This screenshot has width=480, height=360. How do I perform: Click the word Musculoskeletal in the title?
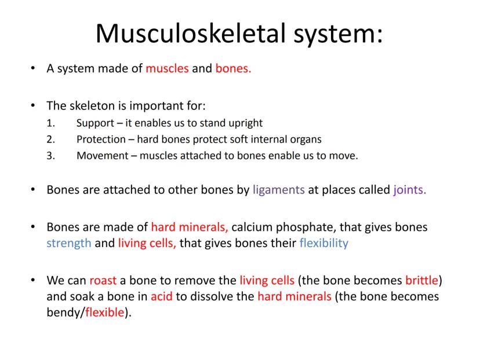[x=191, y=33]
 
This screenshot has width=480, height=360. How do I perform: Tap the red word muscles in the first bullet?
[x=167, y=68]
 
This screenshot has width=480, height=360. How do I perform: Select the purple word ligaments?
[x=279, y=190]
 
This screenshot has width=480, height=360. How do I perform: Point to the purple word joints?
[x=410, y=190]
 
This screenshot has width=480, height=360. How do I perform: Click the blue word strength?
[x=69, y=243]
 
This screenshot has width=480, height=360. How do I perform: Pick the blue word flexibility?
[x=324, y=243]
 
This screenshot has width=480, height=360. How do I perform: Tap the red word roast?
[x=103, y=281]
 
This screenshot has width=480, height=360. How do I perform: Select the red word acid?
[x=162, y=296]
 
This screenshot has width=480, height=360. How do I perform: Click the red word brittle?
[x=422, y=280]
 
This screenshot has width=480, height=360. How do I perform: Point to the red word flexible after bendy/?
[x=105, y=312]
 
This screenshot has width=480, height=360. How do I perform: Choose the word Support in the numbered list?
[x=95, y=123]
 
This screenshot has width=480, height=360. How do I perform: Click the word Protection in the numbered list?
[x=101, y=139]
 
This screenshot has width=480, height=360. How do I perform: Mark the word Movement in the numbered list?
[x=103, y=155]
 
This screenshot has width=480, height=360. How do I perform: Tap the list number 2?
[x=50, y=139]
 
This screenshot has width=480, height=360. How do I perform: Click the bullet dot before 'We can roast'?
[x=33, y=280]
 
